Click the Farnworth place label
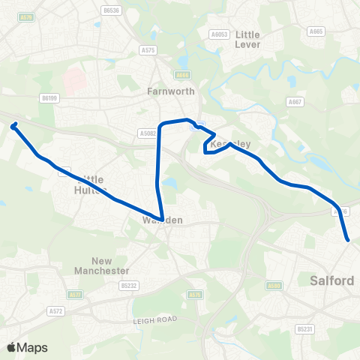coord(170,91)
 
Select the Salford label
coord(331,280)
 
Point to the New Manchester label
coord(101,265)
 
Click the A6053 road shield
coord(219,34)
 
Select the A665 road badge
coord(316,31)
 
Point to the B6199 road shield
coord(50,97)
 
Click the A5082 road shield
coord(147,133)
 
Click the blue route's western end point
coord(13,126)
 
